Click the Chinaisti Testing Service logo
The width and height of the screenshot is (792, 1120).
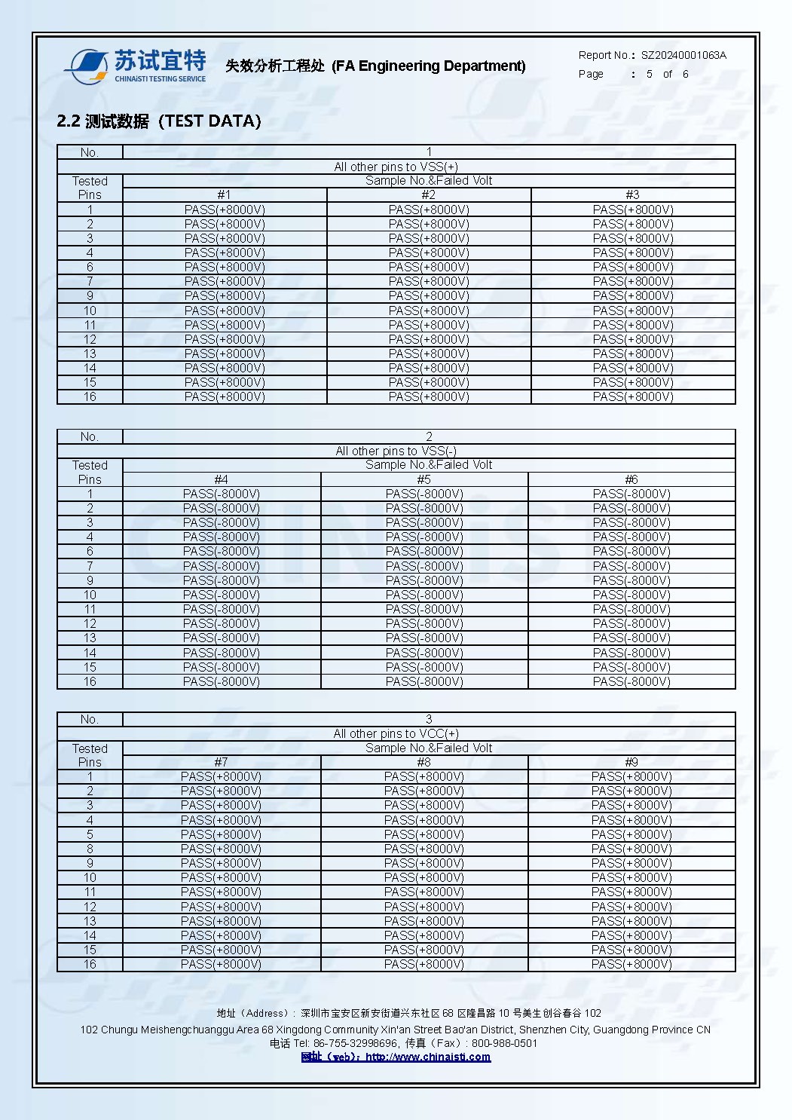tap(136, 66)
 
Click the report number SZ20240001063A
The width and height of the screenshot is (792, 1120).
tap(683, 55)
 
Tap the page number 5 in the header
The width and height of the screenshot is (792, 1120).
tap(650, 74)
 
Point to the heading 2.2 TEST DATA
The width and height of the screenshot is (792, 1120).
tap(159, 121)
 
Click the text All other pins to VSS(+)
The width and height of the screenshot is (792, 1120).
tap(396, 167)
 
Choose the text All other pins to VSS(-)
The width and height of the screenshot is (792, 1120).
tap(396, 451)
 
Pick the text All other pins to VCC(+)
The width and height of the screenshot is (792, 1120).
tap(396, 733)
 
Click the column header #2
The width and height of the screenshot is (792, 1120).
tap(428, 194)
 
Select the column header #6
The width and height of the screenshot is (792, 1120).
tap(631, 479)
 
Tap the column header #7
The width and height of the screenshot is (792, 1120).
tap(221, 762)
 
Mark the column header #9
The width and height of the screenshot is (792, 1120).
tap(631, 762)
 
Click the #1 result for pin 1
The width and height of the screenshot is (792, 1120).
tap(225, 210)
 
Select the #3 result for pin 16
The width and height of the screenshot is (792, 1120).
tap(633, 396)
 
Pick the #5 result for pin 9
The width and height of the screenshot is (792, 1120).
tap(424, 580)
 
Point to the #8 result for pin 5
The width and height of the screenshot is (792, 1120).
tap(424, 834)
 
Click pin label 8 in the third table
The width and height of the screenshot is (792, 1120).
tap(90, 849)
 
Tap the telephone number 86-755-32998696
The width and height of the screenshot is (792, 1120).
tap(355, 1043)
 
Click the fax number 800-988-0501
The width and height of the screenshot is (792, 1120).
tap(504, 1043)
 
